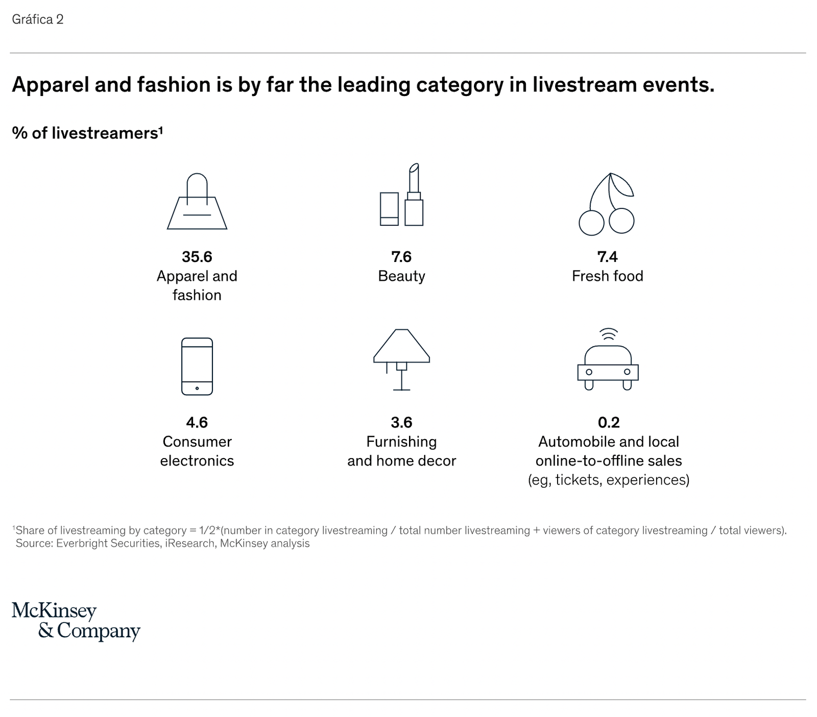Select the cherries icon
[607, 204]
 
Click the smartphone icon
[197, 366]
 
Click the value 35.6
[197, 256]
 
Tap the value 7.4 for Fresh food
[608, 256]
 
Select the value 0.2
[609, 422]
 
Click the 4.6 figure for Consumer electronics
[197, 422]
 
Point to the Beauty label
[401, 276]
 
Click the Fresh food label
[608, 276]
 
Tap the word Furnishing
[401, 442]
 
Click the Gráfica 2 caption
[38, 19]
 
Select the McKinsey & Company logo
[76, 622]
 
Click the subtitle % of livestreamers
[87, 133]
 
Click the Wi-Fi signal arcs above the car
[608, 334]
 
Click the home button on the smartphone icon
[197, 388]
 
